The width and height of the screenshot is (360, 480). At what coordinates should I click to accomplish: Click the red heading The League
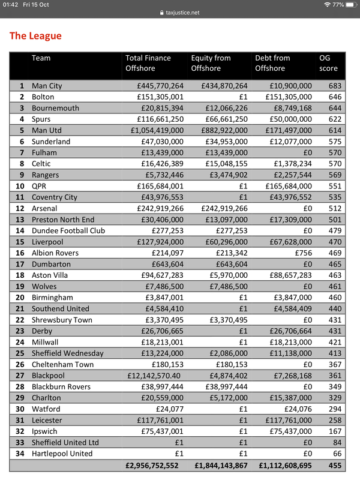pyautogui.click(x=35, y=36)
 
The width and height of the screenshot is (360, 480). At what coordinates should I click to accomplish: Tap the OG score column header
pyautogui.click(x=329, y=63)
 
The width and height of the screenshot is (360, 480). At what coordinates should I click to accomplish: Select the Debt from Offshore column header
pyautogui.click(x=273, y=63)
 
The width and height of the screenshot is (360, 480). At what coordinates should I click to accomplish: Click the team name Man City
pyautogui.click(x=47, y=86)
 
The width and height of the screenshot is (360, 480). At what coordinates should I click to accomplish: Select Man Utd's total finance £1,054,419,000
pyautogui.click(x=154, y=130)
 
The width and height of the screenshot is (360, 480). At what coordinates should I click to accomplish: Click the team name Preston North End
pyautogui.click(x=64, y=220)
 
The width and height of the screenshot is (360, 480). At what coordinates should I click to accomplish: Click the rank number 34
pyautogui.click(x=21, y=454)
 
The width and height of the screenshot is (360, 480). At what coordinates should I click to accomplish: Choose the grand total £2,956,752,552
pyautogui.click(x=152, y=465)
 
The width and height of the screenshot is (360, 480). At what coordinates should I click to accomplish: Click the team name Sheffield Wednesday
pyautogui.click(x=67, y=353)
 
